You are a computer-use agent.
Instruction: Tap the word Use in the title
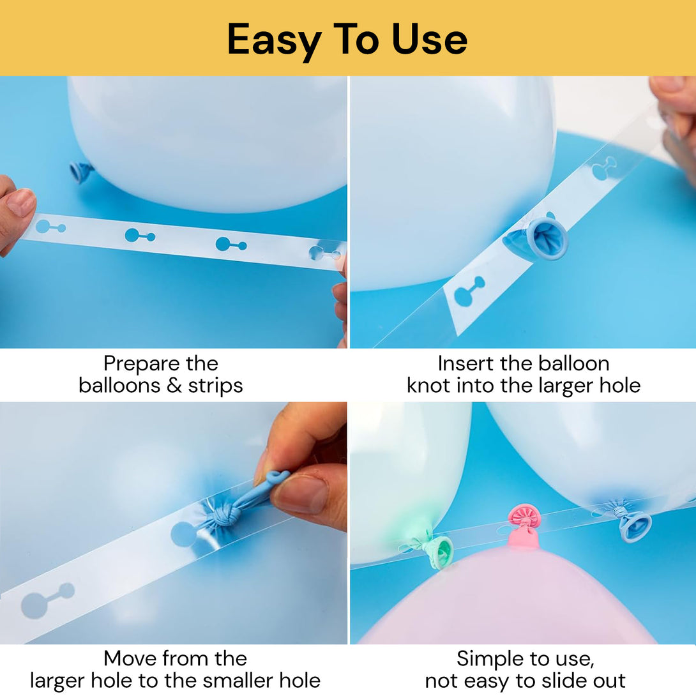[430, 40]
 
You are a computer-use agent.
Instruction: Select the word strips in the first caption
[215, 386]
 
